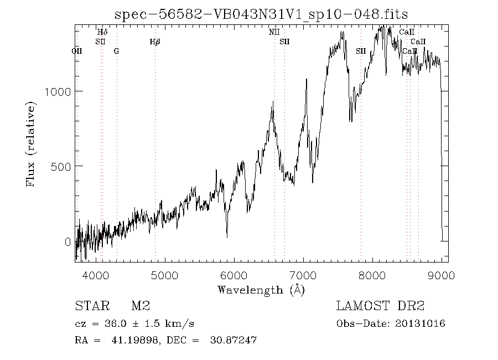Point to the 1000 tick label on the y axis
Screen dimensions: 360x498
click(58, 91)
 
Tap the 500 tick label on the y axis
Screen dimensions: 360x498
click(61, 166)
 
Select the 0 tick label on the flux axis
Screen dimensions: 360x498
click(68, 241)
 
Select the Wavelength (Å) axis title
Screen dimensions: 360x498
click(261, 289)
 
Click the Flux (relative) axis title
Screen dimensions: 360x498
click(31, 143)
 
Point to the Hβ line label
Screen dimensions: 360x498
click(155, 42)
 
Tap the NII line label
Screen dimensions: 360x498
click(274, 32)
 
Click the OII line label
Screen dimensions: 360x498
click(77, 51)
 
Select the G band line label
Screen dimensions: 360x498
click(116, 51)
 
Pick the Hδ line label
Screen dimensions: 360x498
click(102, 32)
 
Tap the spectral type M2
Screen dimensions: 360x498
click(140, 306)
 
